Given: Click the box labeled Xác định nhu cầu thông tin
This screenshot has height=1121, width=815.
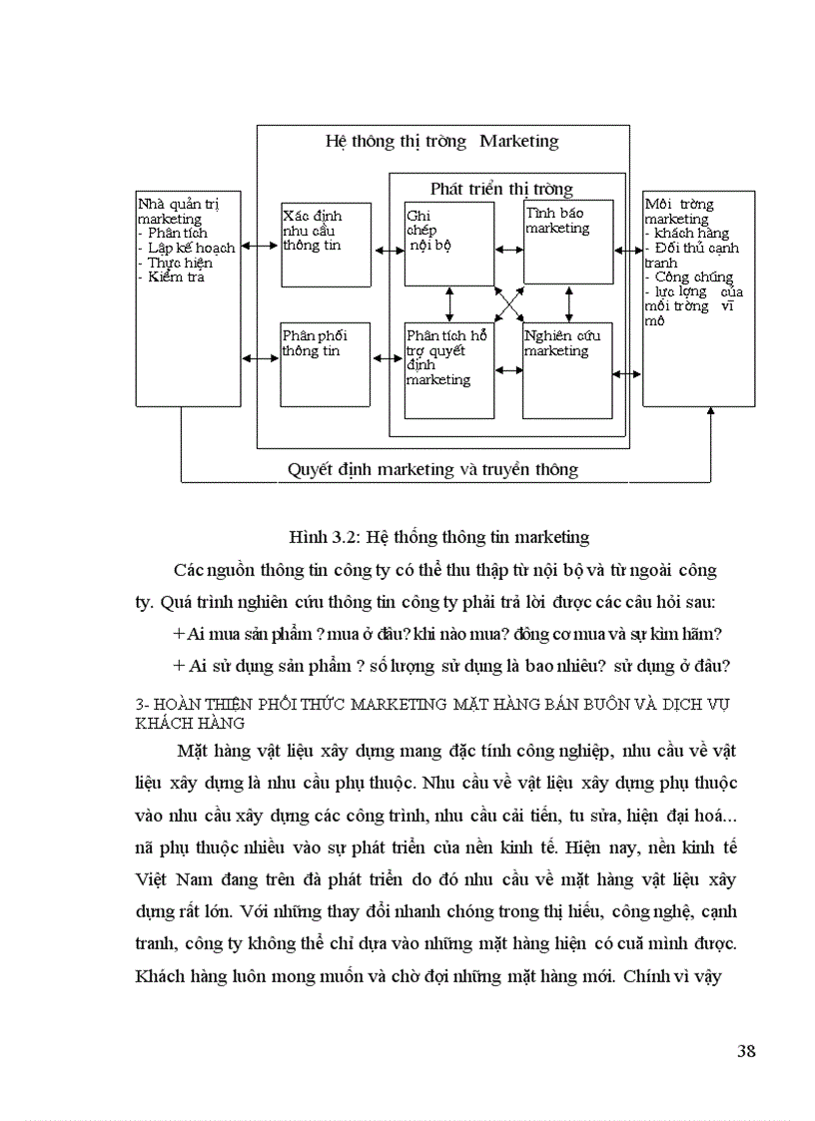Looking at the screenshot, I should tap(326, 244).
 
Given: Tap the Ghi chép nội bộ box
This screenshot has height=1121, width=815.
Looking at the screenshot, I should tap(448, 243).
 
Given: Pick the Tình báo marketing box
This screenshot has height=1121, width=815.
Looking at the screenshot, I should tap(568, 242).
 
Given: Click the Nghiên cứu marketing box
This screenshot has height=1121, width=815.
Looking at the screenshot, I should tap(567, 369).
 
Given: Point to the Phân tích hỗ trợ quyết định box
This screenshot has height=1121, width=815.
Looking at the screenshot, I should tap(448, 369).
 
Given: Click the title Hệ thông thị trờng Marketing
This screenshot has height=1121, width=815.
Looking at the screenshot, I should tap(441, 141).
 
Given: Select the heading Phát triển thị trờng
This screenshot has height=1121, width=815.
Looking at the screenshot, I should tap(501, 188).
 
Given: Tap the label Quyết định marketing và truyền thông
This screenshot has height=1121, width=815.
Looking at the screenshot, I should tap(432, 468).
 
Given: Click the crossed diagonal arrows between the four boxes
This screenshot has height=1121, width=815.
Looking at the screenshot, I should tap(509, 302).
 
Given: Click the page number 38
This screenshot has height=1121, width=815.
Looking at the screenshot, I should tap(745, 1049).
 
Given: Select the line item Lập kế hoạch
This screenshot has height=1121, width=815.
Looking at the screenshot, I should tap(190, 248).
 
